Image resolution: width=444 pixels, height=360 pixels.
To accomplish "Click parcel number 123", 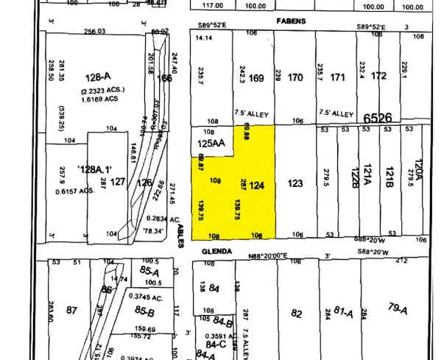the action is click(x=295, y=183).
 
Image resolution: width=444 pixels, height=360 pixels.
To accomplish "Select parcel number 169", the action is click(x=256, y=77).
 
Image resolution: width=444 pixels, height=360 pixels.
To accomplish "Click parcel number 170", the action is click(x=295, y=77).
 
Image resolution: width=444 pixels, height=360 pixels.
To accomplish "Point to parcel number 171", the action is click(x=338, y=77).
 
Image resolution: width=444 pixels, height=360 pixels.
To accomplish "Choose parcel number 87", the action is click(x=71, y=311).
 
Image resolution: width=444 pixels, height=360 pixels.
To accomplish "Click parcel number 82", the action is click(x=296, y=313).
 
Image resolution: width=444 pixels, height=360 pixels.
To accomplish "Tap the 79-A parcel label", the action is click(x=397, y=307).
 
